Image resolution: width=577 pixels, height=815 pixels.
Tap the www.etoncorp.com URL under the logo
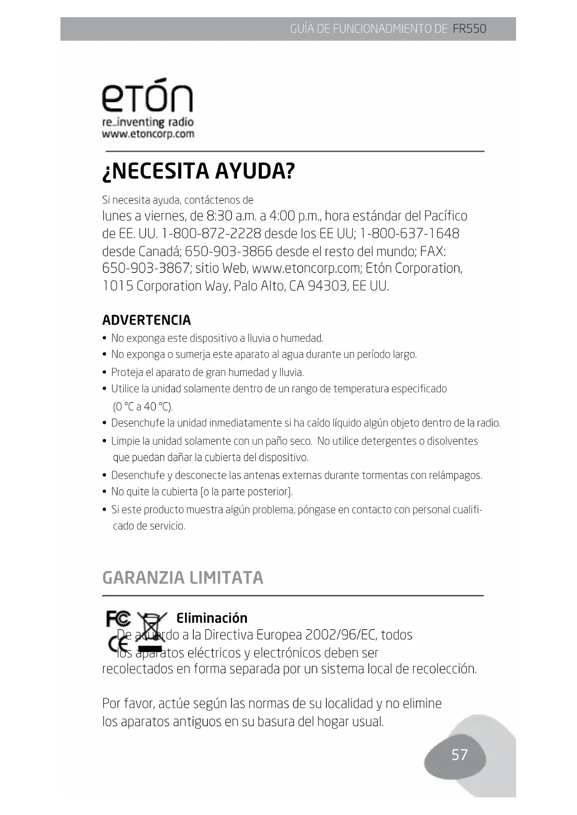tap(148, 134)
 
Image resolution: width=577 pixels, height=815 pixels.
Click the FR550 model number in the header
tap(469, 29)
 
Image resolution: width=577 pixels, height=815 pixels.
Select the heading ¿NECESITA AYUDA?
tap(199, 171)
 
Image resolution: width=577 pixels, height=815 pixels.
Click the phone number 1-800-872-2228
tap(211, 234)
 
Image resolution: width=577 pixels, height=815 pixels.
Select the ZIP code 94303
tap(327, 286)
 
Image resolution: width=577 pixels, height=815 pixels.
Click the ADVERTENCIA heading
tap(146, 320)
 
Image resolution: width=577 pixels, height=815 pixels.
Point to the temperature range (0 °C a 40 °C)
tap(143, 407)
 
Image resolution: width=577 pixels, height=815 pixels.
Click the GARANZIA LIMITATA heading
tap(183, 578)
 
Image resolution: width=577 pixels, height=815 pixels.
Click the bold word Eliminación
tap(212, 618)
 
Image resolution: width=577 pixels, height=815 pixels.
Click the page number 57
tap(459, 755)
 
